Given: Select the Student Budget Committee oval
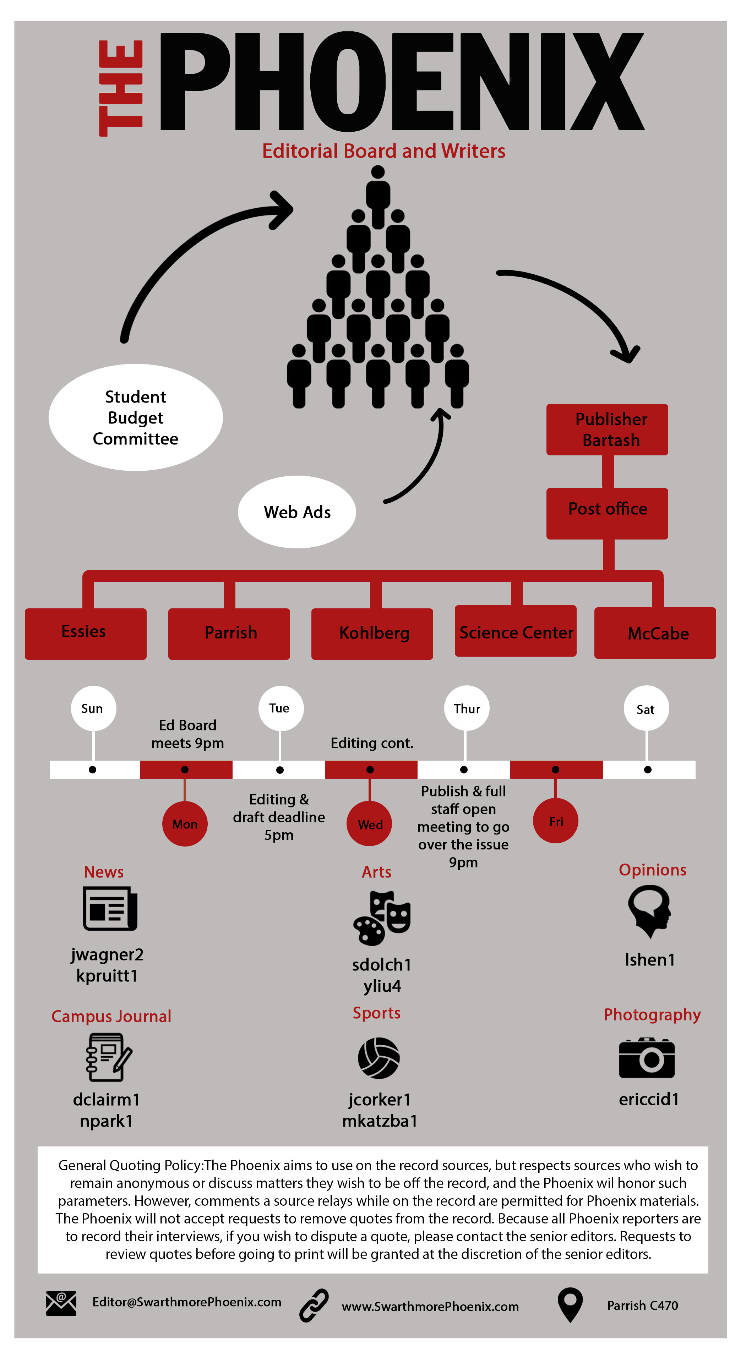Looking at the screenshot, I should point(136,417).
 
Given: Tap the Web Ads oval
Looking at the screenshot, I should point(297,512).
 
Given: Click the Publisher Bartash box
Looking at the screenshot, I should point(607,429).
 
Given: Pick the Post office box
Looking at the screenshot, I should point(607,513).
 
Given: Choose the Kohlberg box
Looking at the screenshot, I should point(372,634).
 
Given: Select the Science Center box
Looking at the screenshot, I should point(516,631).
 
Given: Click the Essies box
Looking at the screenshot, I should point(86,634).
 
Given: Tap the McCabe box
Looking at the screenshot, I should point(655,633).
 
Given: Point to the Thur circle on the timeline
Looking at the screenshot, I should point(466,708).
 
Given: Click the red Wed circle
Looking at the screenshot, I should point(370,824).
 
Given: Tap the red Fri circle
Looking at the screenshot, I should point(555,821).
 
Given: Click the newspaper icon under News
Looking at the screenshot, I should point(110,909).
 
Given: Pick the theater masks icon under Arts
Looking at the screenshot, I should point(382,918).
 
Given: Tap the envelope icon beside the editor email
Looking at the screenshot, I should point(61,1303).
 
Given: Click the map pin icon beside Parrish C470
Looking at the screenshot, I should point(570,1304).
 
